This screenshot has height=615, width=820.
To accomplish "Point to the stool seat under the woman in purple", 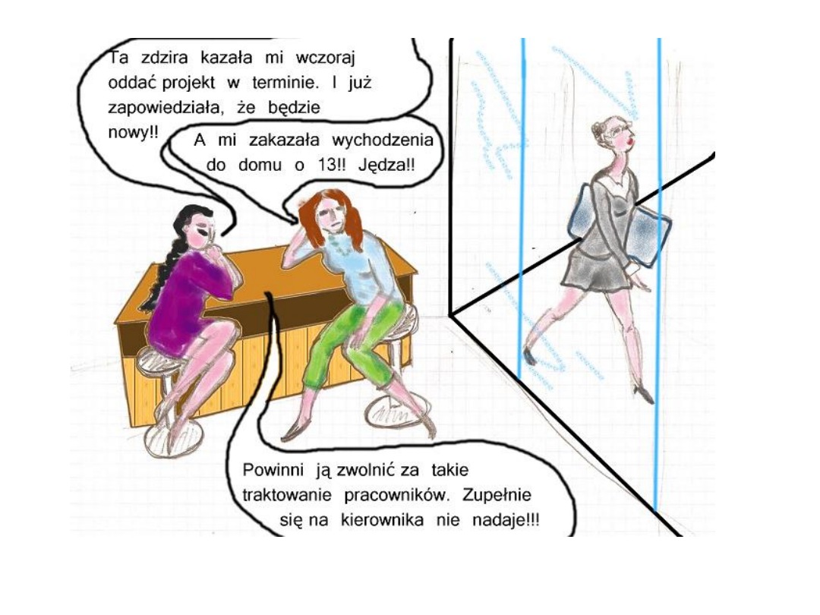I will click(x=159, y=361).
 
